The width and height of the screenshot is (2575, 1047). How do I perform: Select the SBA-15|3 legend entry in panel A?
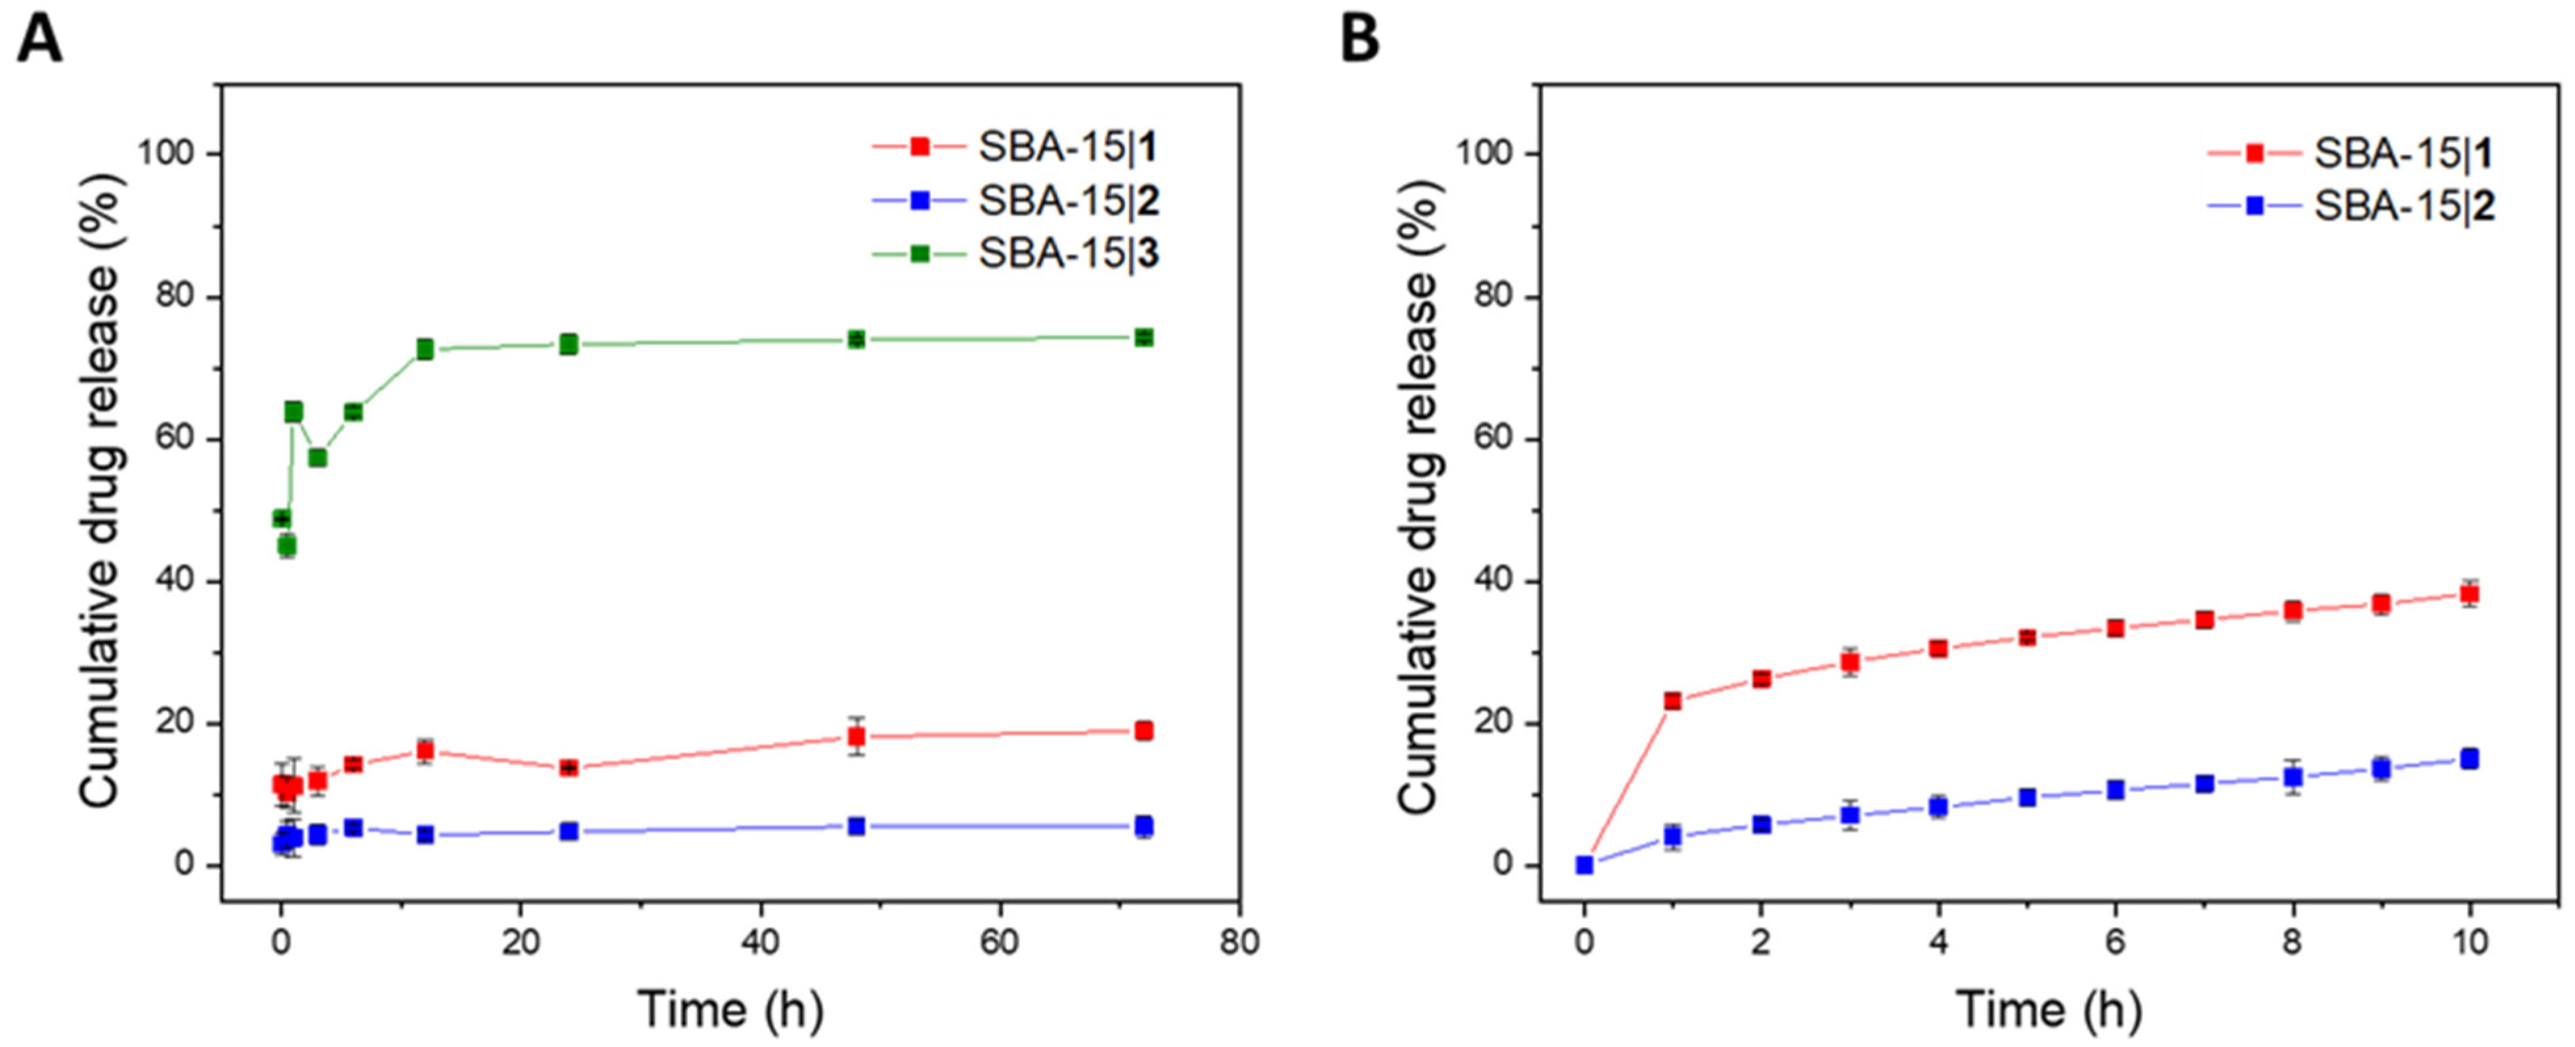[1067, 255]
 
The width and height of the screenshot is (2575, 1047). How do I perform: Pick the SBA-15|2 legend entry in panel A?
[1067, 202]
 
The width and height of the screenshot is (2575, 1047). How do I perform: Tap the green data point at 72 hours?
[1143, 338]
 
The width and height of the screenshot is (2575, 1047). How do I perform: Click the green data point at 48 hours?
[856, 340]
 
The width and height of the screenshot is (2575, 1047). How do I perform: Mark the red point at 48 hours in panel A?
[856, 736]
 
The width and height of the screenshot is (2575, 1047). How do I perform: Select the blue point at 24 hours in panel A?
[569, 831]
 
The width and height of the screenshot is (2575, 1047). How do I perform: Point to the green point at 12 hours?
[425, 348]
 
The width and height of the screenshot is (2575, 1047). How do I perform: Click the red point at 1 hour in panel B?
[1672, 701]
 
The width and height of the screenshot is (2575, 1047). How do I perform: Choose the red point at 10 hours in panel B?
[2469, 594]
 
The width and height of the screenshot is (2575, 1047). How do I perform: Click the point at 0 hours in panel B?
[1585, 865]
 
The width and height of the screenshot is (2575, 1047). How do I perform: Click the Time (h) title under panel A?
[730, 1009]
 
